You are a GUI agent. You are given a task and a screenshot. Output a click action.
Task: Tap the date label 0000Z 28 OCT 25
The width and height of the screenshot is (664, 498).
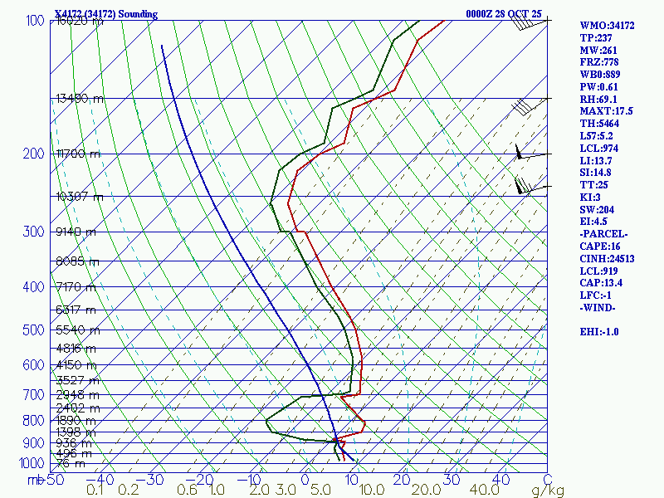click(504, 14)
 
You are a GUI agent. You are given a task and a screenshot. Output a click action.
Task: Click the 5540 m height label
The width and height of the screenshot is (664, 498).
click(76, 330)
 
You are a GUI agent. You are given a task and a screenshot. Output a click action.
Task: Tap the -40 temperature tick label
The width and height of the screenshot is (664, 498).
click(100, 479)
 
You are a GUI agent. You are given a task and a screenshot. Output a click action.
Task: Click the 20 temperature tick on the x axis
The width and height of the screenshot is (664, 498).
click(402, 479)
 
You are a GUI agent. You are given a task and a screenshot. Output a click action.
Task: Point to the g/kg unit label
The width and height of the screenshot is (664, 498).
click(548, 491)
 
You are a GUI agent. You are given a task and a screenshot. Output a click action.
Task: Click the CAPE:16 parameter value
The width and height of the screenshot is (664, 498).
click(599, 246)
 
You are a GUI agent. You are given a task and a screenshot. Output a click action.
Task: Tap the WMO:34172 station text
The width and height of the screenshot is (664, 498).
click(607, 26)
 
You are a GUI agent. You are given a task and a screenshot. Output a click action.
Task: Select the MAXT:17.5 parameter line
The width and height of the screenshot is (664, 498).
click(606, 111)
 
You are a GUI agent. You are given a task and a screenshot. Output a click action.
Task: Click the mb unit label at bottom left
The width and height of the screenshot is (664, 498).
click(35, 479)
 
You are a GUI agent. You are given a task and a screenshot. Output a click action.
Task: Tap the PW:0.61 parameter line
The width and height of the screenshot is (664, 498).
click(600, 86)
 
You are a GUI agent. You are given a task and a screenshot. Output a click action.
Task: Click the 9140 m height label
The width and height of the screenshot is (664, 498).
click(76, 232)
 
